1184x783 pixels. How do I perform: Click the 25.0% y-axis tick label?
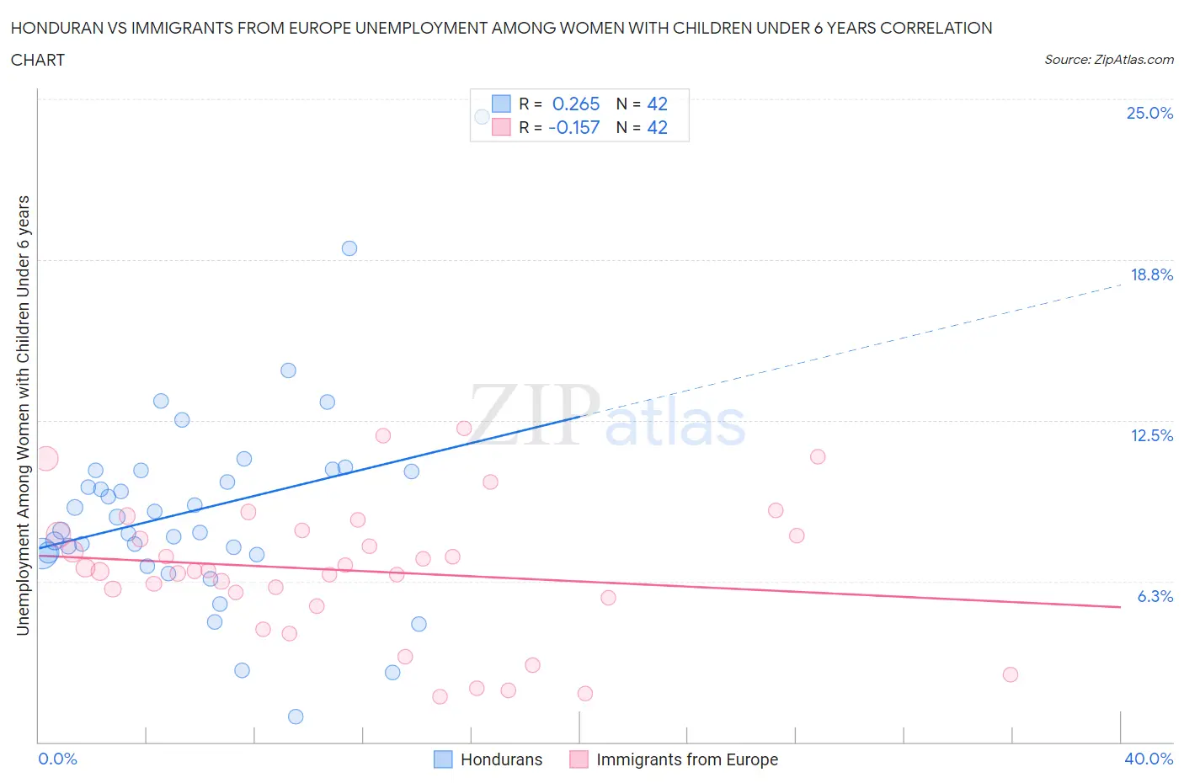click(1149, 113)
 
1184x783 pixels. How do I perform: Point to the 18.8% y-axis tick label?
click(1151, 274)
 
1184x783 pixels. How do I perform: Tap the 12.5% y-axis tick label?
click(1151, 435)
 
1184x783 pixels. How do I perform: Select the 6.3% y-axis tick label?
click(1155, 596)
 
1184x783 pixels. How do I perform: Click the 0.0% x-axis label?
click(57, 759)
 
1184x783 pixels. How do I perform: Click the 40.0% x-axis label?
click(1149, 759)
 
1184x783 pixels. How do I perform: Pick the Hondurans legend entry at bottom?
click(488, 759)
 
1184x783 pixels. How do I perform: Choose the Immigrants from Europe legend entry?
click(674, 759)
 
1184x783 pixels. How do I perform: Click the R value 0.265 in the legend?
click(576, 104)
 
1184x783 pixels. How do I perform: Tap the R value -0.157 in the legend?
click(573, 127)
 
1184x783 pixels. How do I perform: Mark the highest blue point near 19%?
click(349, 248)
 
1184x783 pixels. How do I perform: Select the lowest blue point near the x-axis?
click(296, 716)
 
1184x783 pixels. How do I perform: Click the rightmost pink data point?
click(1011, 674)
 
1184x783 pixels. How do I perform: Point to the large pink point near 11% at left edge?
click(45, 459)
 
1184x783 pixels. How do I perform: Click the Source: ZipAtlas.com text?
click(1108, 60)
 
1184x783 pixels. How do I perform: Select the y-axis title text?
click(23, 415)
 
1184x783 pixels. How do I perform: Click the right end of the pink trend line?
click(1120, 607)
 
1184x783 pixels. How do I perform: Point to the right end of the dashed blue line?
click(1121, 285)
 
